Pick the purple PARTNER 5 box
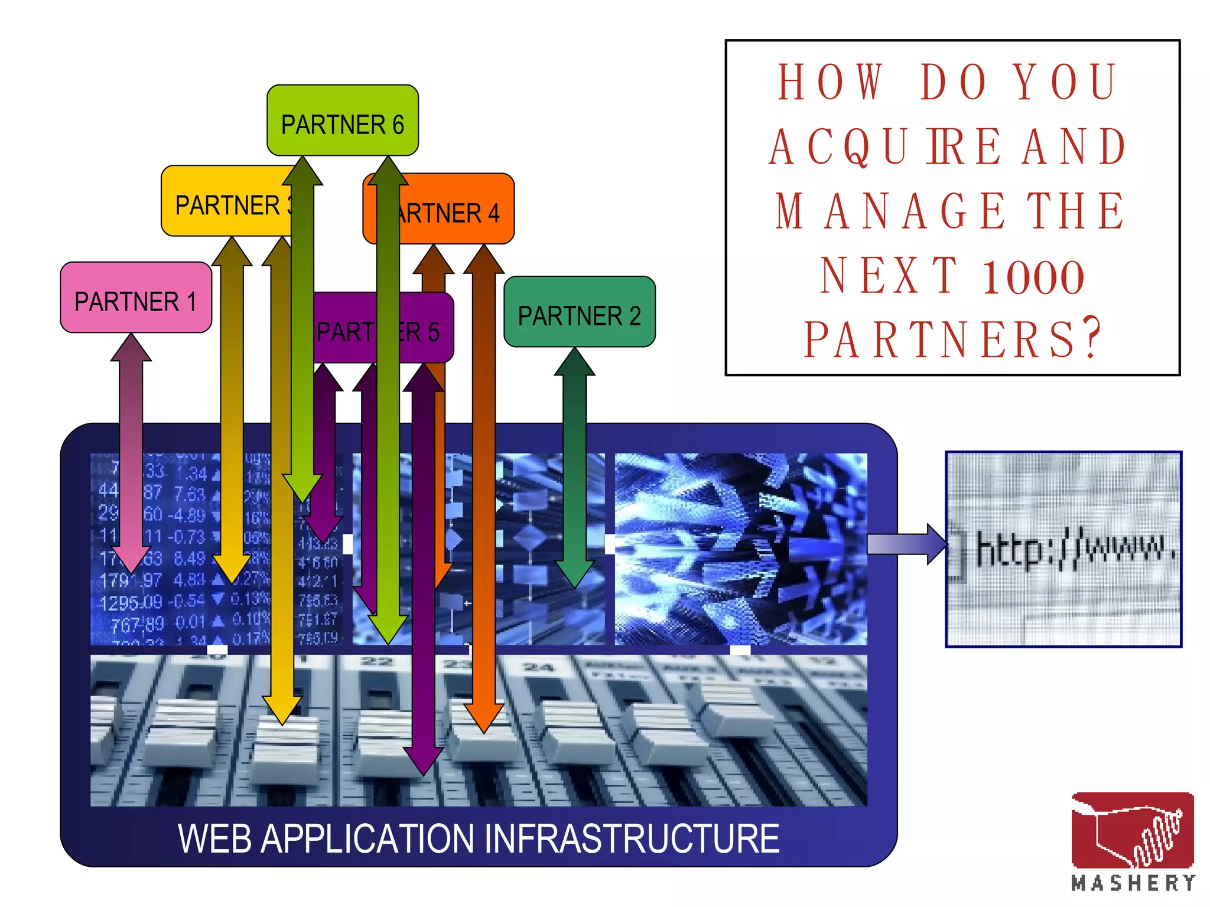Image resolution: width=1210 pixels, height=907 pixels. coord(425,331)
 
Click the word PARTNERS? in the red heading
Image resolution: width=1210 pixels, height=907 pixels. coord(952,340)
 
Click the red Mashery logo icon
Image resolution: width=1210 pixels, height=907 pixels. coord(1132,830)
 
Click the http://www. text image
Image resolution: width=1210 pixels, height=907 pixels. coord(1063,549)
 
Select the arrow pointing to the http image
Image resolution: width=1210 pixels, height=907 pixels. coord(907,544)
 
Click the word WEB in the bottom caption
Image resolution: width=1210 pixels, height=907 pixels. coord(215,839)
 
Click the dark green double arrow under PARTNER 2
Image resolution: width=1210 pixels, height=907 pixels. coord(574,466)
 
